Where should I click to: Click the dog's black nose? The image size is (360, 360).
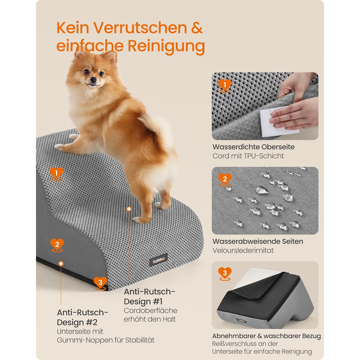click(x=93, y=80)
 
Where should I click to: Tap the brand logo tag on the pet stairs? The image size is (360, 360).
click(x=158, y=260)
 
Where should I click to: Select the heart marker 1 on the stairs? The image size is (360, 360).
click(x=56, y=174)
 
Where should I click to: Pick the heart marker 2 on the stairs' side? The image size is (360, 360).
click(x=57, y=245)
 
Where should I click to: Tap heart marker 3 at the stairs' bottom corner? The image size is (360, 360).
click(x=100, y=283)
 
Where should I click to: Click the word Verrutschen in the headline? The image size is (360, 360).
click(x=140, y=28)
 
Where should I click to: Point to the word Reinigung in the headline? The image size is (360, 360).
click(x=166, y=46)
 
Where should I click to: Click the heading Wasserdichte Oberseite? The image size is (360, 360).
click(x=254, y=147)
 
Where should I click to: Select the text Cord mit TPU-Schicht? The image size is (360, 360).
click(x=248, y=156)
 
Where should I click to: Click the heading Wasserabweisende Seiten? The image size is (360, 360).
click(x=258, y=241)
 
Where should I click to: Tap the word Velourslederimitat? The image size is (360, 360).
click(x=243, y=250)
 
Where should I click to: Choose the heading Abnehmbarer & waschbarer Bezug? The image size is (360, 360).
click(x=266, y=336)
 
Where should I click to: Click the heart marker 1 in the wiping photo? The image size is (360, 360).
click(x=225, y=86)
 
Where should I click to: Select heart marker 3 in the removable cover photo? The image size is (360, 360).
click(x=225, y=274)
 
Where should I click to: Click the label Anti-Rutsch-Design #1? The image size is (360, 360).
click(x=150, y=296)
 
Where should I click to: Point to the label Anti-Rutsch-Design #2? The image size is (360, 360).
click(x=82, y=317)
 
